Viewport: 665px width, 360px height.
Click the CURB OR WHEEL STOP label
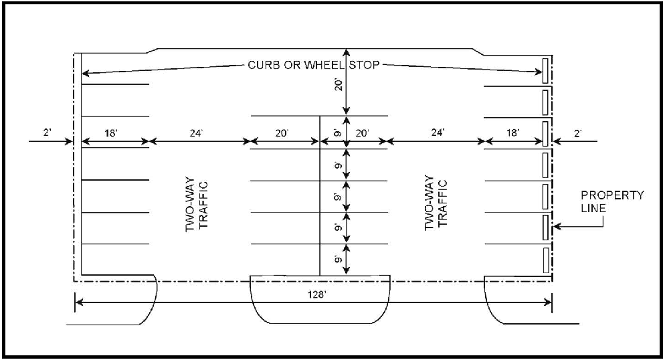pos(314,65)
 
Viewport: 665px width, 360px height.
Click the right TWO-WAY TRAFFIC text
pos(436,203)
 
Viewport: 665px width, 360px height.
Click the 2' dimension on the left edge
pos(47,133)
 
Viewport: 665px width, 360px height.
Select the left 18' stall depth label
pos(112,133)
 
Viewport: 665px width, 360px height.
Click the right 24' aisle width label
pos(436,133)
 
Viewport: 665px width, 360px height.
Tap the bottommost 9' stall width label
pos(339,259)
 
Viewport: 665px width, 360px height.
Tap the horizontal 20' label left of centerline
pos(282,133)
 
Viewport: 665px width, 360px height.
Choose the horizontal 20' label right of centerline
pos(362,133)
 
